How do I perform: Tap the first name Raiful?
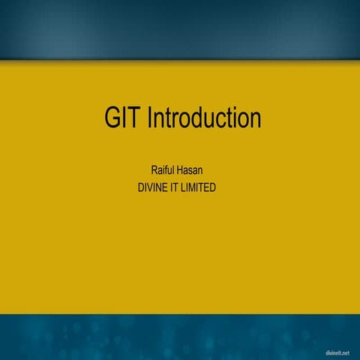coord(165,171)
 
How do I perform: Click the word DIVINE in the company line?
coord(148,187)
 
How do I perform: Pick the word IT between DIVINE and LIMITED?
coord(173,187)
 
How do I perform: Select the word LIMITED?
coord(199,187)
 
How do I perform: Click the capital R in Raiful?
coord(154,171)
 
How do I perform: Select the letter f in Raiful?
coord(169,171)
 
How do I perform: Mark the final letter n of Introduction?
coord(255,118)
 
